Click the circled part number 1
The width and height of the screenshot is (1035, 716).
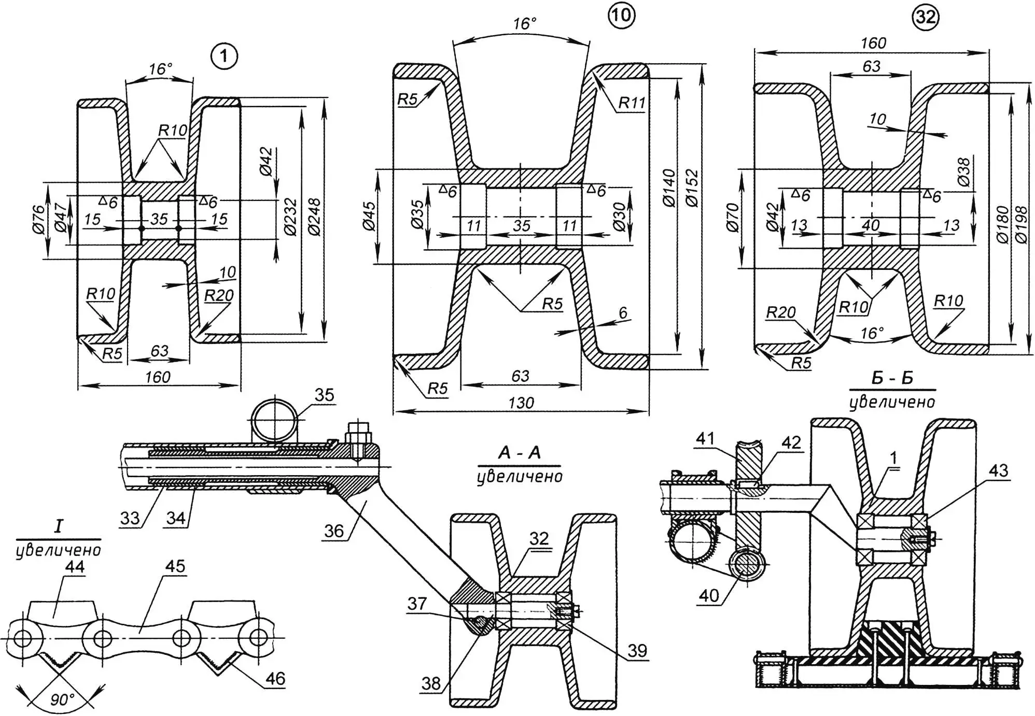point(224,56)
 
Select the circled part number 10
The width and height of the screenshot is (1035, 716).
point(621,16)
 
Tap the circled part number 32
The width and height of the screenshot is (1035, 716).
point(925,18)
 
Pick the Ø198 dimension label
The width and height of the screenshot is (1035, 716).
point(1020,224)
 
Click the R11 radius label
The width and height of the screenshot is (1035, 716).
point(631,103)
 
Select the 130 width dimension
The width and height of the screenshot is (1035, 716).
point(521,403)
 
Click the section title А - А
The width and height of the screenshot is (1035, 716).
point(519,453)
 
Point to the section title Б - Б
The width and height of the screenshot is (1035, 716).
point(892,378)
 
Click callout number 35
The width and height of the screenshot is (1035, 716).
point(324,395)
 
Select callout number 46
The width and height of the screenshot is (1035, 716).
point(275,678)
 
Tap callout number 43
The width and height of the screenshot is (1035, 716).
point(998,470)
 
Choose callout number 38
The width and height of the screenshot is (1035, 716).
point(431,683)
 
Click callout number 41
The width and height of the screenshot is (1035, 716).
point(705,439)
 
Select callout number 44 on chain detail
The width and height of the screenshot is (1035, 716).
point(75,566)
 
